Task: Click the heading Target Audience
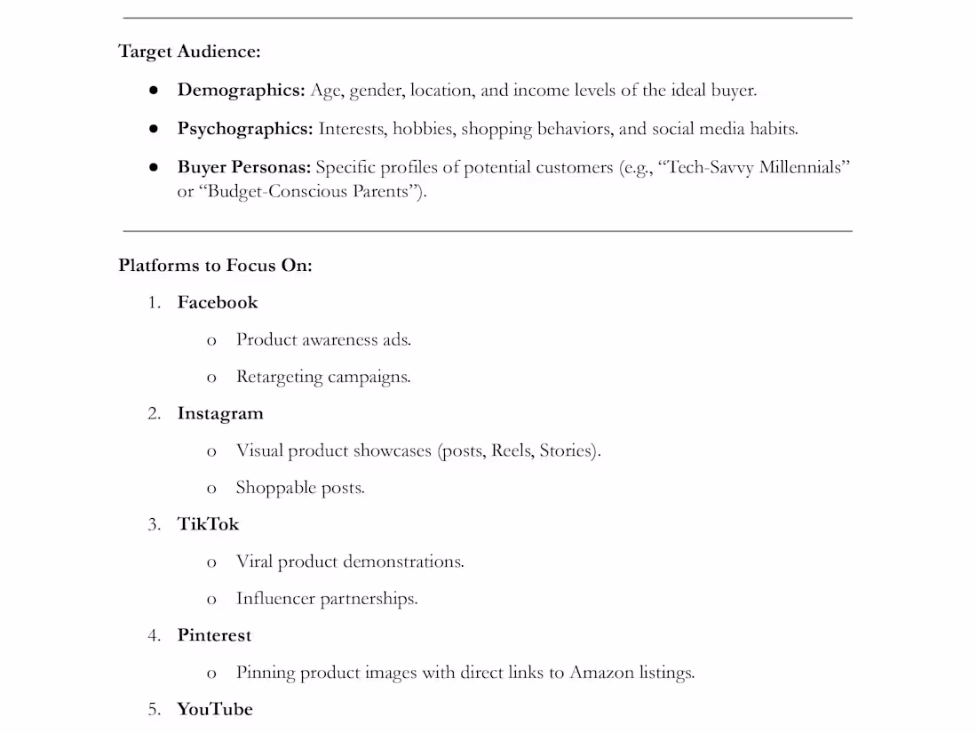pyautogui.click(x=189, y=52)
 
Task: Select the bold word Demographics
pyautogui.click(x=241, y=90)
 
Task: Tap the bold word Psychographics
pyautogui.click(x=245, y=129)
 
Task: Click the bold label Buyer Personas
pyautogui.click(x=243, y=167)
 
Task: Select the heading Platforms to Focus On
pyautogui.click(x=215, y=266)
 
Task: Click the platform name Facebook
pyautogui.click(x=218, y=303)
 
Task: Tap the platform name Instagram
pyautogui.click(x=220, y=414)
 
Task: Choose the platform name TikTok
pyautogui.click(x=208, y=524)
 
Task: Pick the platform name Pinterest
pyautogui.click(x=214, y=635)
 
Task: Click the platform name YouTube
pyautogui.click(x=215, y=709)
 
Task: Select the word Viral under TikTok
pyautogui.click(x=254, y=562)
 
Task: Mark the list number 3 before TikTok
pyautogui.click(x=154, y=524)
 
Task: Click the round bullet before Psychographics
pyautogui.click(x=154, y=129)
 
